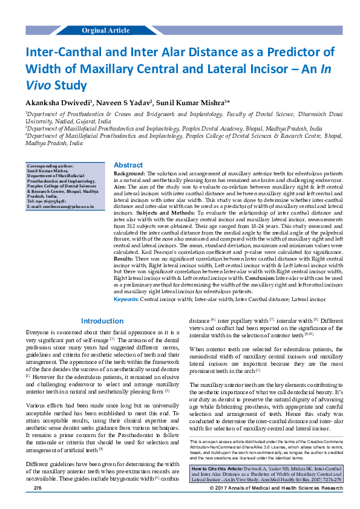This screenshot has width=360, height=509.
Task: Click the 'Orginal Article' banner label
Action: click(x=106, y=30)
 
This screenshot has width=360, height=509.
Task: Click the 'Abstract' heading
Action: click(x=128, y=165)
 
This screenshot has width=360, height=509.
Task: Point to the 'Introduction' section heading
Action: click(x=102, y=321)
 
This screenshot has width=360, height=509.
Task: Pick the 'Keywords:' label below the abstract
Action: click(x=126, y=299)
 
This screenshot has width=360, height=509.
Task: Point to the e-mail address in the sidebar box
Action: click(x=61, y=207)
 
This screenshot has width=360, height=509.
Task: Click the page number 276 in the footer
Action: click(x=38, y=504)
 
